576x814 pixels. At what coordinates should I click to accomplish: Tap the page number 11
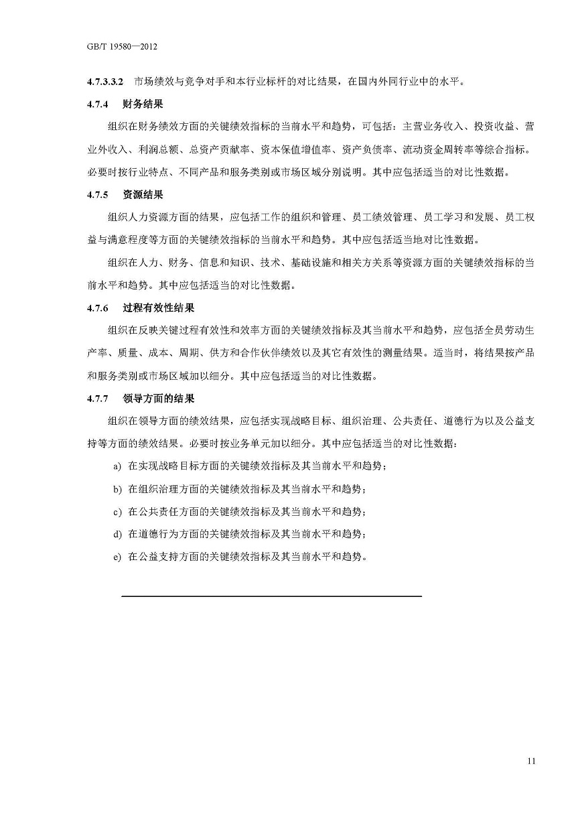click(531, 760)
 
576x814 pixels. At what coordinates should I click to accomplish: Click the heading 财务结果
click(143, 105)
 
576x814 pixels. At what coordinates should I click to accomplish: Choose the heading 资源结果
click(143, 195)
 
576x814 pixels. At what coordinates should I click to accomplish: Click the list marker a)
click(117, 466)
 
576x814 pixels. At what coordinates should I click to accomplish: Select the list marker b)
click(117, 489)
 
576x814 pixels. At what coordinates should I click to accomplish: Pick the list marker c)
click(117, 512)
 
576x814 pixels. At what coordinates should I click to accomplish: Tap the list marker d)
click(117, 535)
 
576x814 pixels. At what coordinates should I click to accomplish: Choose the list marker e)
click(117, 557)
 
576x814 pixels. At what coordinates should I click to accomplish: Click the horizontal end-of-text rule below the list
click(271, 596)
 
